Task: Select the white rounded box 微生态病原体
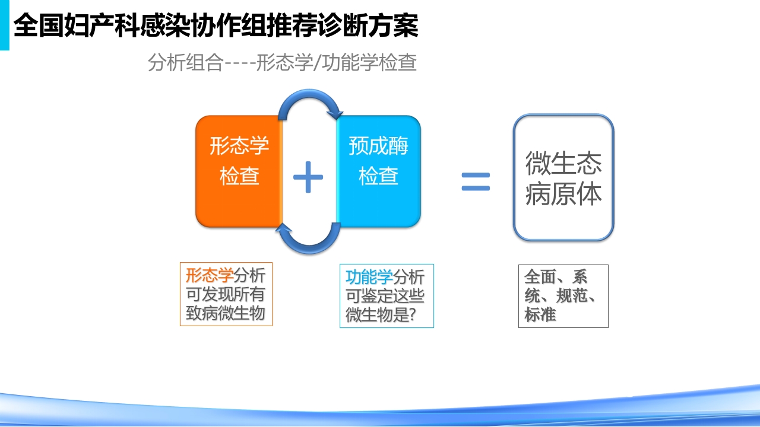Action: click(563, 177)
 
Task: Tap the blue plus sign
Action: click(308, 177)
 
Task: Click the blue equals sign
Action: click(476, 181)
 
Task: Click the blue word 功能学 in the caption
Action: click(369, 277)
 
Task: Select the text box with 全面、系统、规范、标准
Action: click(563, 296)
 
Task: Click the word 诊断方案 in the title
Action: click(369, 26)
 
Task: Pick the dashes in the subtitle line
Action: click(239, 63)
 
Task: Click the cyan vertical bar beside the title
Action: click(4, 25)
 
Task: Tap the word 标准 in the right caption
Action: click(540, 315)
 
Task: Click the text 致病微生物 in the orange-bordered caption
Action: click(226, 314)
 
